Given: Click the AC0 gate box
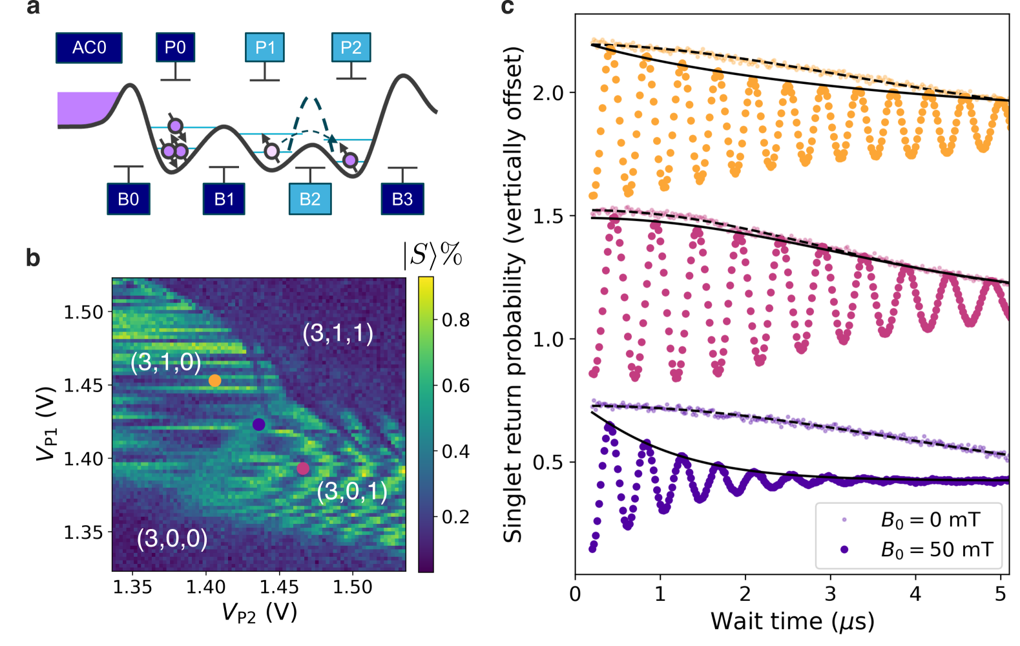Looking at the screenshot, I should click(89, 48).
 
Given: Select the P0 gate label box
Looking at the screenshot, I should click(175, 48).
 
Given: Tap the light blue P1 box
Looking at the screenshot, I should click(265, 48).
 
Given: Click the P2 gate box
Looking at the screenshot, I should click(351, 48).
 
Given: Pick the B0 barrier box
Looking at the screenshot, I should click(129, 199).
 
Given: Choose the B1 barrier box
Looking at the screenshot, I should click(224, 199).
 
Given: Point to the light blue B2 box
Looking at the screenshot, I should click(310, 199).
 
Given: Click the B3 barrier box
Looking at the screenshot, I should click(402, 199).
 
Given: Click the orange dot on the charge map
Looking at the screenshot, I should click(214, 381).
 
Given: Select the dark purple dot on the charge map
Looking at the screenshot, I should click(259, 424).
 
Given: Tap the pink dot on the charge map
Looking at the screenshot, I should click(303, 468).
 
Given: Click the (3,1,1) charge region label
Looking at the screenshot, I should click(338, 333).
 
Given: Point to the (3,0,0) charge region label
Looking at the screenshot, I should click(172, 538).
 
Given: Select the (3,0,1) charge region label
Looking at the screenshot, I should click(352, 492).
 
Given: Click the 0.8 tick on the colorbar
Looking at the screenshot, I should click(455, 320).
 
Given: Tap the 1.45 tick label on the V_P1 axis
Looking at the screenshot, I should click(83, 386).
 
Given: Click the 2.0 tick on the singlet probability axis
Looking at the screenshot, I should click(548, 93).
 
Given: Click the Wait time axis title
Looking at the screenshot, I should click(792, 621).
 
